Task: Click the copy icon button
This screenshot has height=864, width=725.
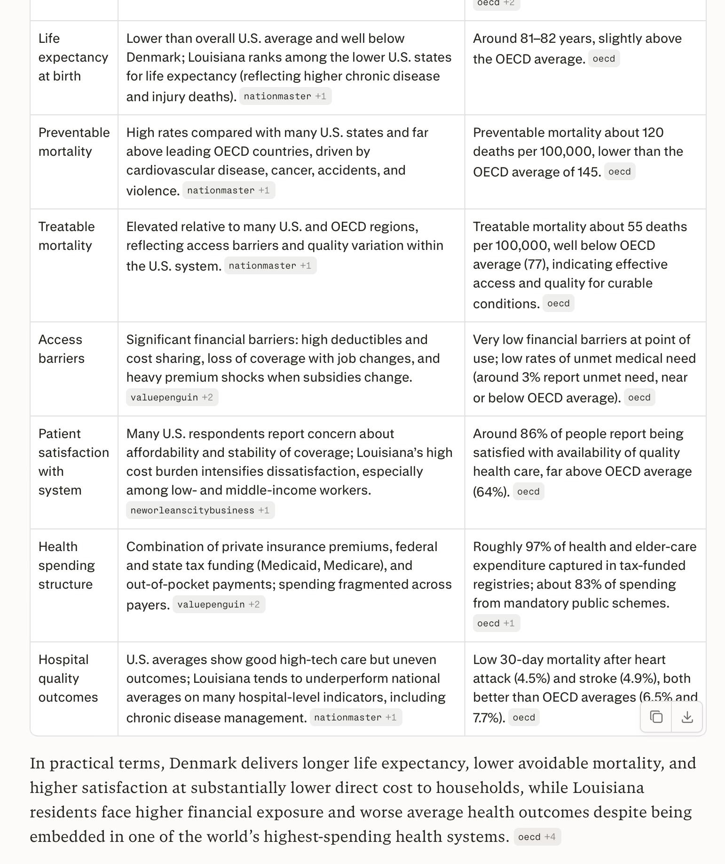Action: tap(656, 717)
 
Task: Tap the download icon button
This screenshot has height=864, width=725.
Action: tap(687, 717)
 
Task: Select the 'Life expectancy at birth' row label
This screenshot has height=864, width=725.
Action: tap(73, 57)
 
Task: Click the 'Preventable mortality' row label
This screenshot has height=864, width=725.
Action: tap(74, 142)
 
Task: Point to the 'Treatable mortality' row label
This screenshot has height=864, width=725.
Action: tap(66, 236)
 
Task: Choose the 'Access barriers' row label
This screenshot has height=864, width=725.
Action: tap(61, 349)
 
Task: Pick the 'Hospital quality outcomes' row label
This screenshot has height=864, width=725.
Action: tap(68, 678)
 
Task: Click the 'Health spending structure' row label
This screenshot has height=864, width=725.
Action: tap(66, 565)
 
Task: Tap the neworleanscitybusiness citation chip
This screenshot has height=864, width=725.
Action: tap(200, 510)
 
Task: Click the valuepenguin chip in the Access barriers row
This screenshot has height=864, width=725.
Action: tap(172, 397)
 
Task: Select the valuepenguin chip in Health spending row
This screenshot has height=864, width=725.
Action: tap(219, 604)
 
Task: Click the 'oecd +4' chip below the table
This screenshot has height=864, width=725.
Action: tap(537, 837)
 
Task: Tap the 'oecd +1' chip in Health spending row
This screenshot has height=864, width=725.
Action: tap(496, 623)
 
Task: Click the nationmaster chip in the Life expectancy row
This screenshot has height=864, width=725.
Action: tap(285, 96)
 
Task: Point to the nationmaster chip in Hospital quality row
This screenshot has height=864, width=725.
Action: tap(355, 717)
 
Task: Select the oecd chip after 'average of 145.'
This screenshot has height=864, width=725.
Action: tap(619, 171)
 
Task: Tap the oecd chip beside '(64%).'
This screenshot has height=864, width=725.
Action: tap(528, 491)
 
